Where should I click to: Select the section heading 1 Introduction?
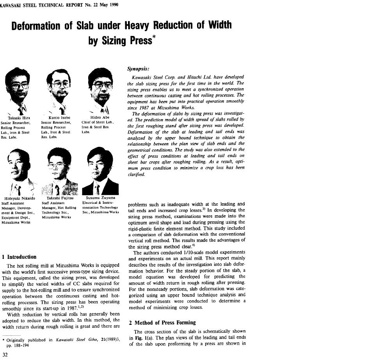[19, 257]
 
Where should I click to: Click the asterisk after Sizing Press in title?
[155, 37]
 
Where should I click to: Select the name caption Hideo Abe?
[101, 118]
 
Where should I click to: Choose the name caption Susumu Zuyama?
[101, 198]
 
